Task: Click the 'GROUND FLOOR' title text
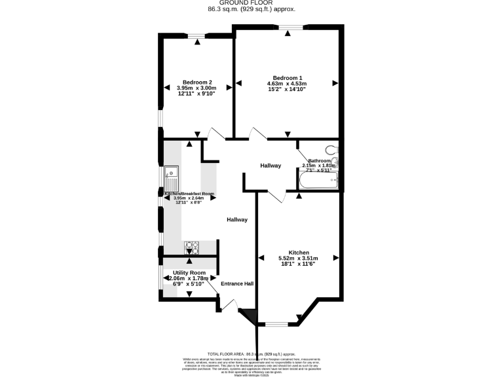point(251,3)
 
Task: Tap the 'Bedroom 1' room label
point(287,77)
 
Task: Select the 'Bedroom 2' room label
point(196,82)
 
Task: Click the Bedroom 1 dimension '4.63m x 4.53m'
point(287,83)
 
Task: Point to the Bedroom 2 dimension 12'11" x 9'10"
point(196,94)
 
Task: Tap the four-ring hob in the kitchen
point(192,247)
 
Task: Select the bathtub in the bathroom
point(318,180)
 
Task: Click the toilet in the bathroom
point(332,150)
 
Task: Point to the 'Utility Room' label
point(189,272)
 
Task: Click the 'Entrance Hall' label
point(237,283)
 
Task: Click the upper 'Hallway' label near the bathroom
point(270,166)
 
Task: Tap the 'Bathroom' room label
point(320,160)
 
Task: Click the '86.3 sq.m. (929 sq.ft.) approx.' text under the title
point(251,9)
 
